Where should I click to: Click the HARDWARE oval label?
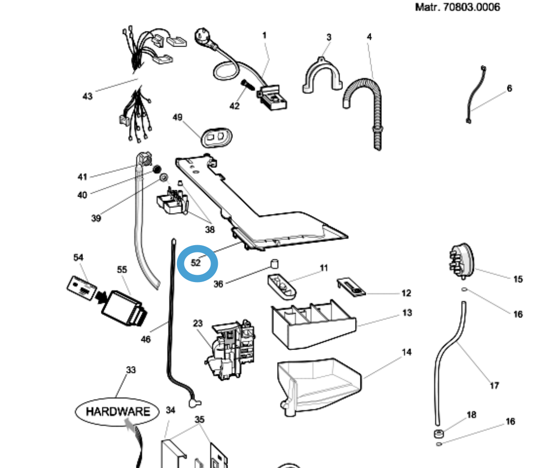click(117, 412)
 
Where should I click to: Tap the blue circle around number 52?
click(197, 263)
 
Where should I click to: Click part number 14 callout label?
click(407, 352)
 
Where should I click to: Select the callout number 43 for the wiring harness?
click(87, 96)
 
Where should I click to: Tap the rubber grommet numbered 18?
click(439, 434)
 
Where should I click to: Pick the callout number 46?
click(146, 339)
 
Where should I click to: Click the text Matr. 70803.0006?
click(457, 7)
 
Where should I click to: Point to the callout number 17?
click(494, 385)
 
